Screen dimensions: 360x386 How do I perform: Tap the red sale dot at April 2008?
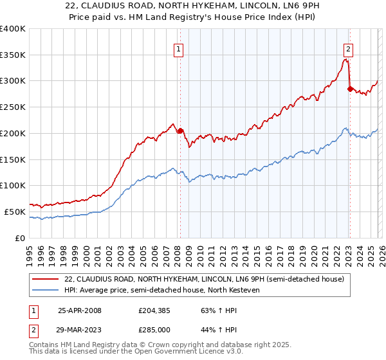(x=180, y=130)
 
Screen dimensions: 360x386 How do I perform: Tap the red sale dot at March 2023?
(x=350, y=89)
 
